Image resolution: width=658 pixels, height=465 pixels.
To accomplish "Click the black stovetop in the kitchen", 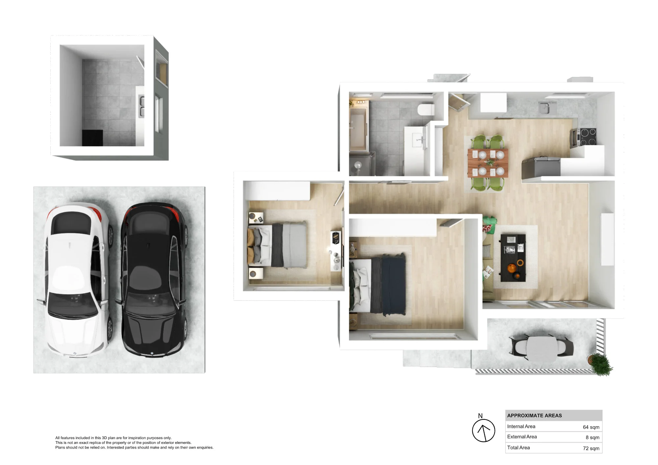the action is click(x=588, y=136).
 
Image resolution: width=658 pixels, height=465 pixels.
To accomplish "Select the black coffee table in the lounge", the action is click(x=513, y=258).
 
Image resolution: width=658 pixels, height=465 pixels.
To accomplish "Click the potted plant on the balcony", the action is click(x=601, y=364).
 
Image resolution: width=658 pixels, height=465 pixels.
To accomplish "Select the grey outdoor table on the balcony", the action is click(x=542, y=349).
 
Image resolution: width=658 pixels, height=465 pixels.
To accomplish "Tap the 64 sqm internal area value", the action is click(x=591, y=427).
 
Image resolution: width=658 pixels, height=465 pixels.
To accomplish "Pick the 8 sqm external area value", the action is click(x=593, y=437).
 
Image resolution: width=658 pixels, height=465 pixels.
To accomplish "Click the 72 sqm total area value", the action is click(x=591, y=448).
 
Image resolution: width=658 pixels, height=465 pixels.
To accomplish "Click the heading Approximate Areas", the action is click(x=534, y=416).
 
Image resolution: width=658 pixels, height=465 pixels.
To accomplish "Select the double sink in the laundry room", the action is click(x=141, y=106).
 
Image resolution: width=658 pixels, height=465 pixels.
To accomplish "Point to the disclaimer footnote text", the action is click(x=134, y=443).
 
